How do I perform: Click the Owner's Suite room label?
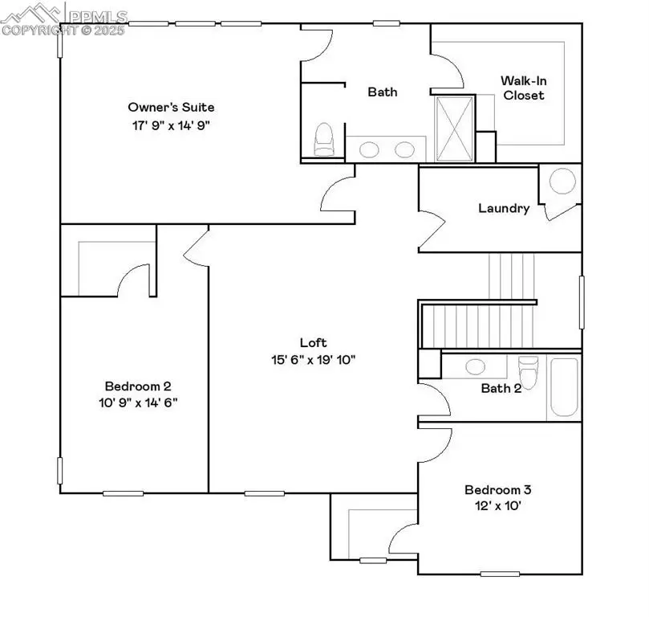pos(171,107)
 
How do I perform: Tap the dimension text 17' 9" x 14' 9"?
pos(171,125)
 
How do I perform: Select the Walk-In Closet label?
pos(522,88)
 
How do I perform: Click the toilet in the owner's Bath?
pos(323,140)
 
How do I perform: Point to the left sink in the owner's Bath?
pos(370,149)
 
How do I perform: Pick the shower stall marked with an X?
pos(453,129)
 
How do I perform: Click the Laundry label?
pos(503,208)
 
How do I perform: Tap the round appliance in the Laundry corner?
pos(562,182)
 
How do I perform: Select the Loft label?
pos(312,342)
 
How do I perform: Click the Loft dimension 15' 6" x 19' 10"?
pos(312,359)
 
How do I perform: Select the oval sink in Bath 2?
pos(475,366)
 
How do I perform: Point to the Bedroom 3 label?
pos(498,489)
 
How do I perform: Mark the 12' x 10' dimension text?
pos(498,506)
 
